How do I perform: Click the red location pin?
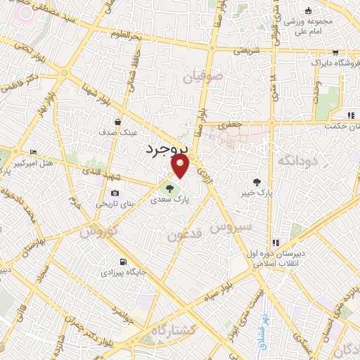pyautogui.click(x=181, y=166)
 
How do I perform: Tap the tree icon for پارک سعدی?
pyautogui.click(x=168, y=188)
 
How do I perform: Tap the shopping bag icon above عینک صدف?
pyautogui.click(x=127, y=121)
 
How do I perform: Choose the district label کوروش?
pyautogui.click(x=96, y=231)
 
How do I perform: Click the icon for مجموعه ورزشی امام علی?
pyautogui.click(x=307, y=11)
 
